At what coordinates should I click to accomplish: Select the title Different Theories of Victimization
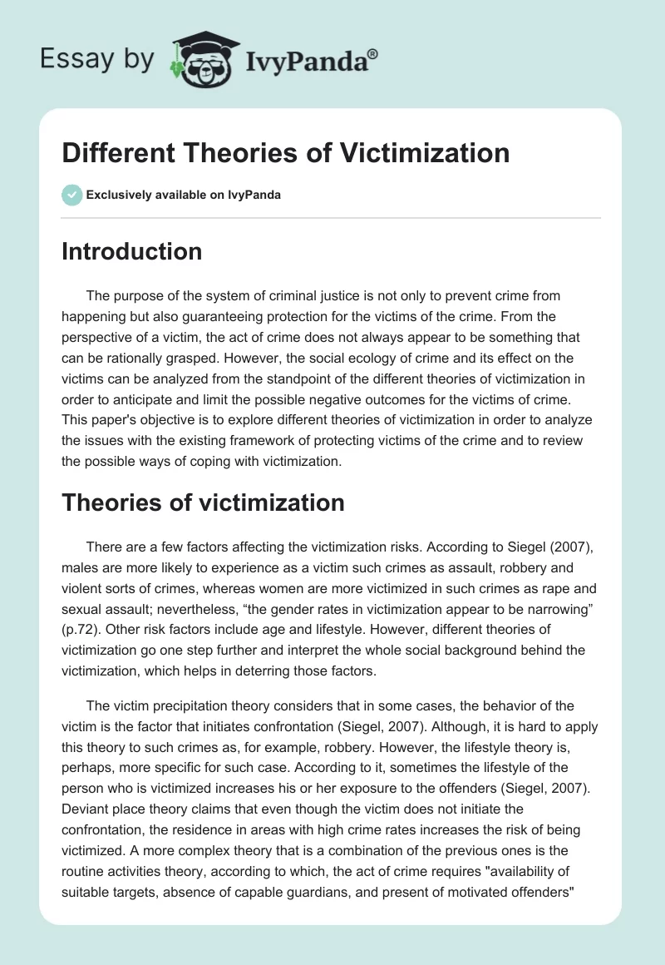coord(285,153)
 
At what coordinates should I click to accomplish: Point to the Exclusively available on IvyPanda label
coord(184,195)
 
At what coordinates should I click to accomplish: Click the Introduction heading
coord(131,251)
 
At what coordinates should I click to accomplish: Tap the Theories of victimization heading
coord(203,502)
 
